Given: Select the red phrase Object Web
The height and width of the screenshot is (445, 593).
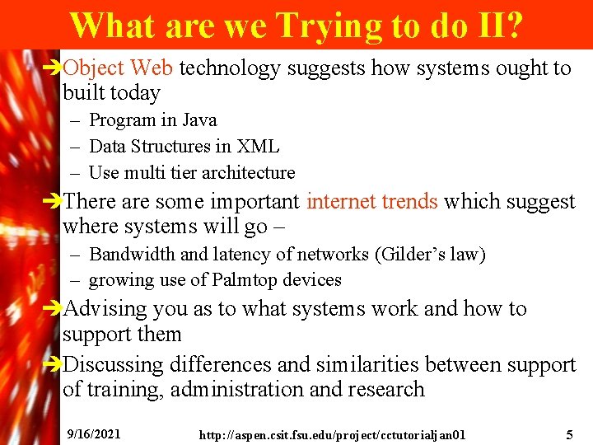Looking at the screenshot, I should (118, 68).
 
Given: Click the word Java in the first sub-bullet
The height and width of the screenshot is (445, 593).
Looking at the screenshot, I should (200, 120).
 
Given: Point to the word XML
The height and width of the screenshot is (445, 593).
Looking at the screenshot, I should (258, 147).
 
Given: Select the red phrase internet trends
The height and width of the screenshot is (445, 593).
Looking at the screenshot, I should (372, 201).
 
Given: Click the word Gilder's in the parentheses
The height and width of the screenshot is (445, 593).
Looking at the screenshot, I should (404, 255).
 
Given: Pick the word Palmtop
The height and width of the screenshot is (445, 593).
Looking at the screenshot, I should (245, 280).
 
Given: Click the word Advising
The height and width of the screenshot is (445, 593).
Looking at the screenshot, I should (111, 309).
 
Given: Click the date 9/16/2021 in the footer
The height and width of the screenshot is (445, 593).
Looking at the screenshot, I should (95, 433).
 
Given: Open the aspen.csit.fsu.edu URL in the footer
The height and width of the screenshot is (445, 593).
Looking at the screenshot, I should (332, 434).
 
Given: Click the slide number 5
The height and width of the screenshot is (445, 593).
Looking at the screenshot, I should (569, 433).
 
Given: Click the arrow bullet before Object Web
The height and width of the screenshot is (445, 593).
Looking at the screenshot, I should (54, 68).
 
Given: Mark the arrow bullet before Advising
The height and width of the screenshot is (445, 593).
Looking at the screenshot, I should (54, 310).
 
